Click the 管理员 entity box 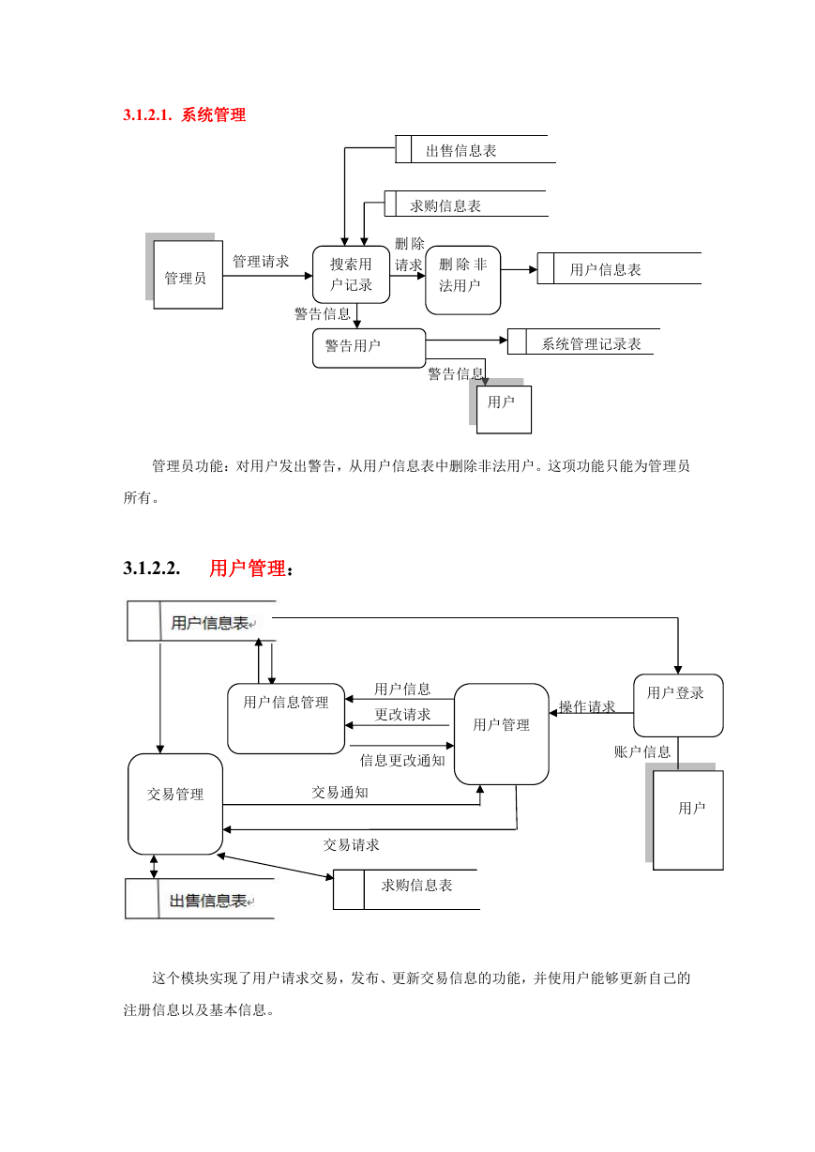click(x=188, y=275)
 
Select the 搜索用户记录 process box click(x=351, y=275)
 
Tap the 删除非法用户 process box click(x=462, y=280)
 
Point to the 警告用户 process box click(x=369, y=348)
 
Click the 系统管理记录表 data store click(x=583, y=341)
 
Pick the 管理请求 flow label click(x=261, y=261)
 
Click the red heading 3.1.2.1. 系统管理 click(x=184, y=114)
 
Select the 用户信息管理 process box click(x=286, y=719)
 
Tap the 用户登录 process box click(x=678, y=705)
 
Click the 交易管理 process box click(x=175, y=804)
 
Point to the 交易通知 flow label click(x=340, y=793)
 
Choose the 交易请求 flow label click(x=351, y=845)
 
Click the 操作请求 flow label click(x=587, y=706)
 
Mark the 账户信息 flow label click(x=642, y=751)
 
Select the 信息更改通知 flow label click(x=402, y=760)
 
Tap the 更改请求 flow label click(x=402, y=714)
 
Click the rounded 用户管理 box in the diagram click(x=502, y=734)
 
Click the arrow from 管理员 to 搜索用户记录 click(x=268, y=276)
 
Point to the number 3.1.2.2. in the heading click(x=152, y=568)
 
